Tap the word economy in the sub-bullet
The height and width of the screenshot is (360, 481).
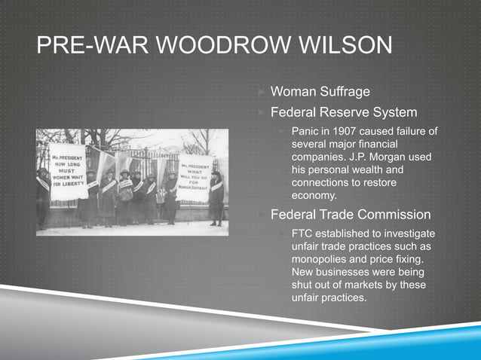[314, 196]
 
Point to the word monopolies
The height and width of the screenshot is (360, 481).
[324, 259]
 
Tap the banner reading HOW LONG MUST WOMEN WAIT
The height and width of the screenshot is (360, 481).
[68, 172]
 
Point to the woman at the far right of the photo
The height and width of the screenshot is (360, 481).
[217, 197]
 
